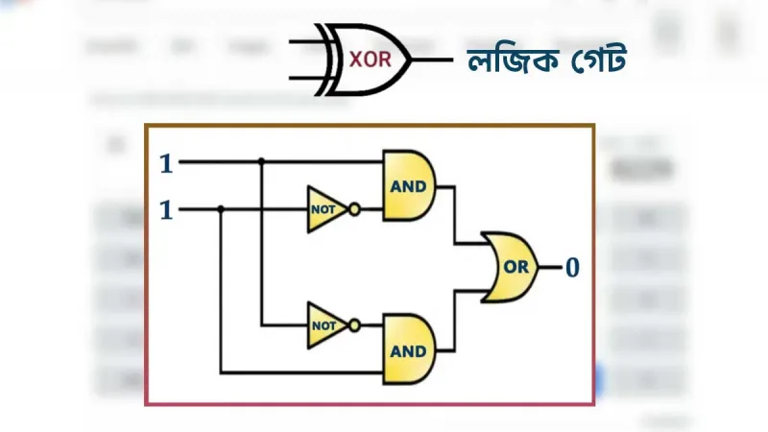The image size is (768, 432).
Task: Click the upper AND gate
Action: point(409,185)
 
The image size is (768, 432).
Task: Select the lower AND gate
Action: point(409,349)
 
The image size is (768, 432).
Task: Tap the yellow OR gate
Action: point(510,267)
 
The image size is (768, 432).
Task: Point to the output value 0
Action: point(572,268)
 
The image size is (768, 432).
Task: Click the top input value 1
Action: point(166,163)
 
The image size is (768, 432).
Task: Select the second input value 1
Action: point(166,210)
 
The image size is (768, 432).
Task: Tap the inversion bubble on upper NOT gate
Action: point(354,209)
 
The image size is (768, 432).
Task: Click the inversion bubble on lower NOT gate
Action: point(354,325)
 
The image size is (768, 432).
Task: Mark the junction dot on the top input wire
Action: point(261,160)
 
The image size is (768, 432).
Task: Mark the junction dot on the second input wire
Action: point(221,209)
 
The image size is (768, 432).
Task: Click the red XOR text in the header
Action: point(371,60)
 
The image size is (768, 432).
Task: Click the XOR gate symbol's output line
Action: point(432,60)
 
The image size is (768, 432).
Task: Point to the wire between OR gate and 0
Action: point(550,268)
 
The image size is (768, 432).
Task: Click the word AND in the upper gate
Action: point(408,186)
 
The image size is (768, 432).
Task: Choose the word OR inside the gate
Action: point(516,267)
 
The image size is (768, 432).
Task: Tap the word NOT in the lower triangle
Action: point(324,325)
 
